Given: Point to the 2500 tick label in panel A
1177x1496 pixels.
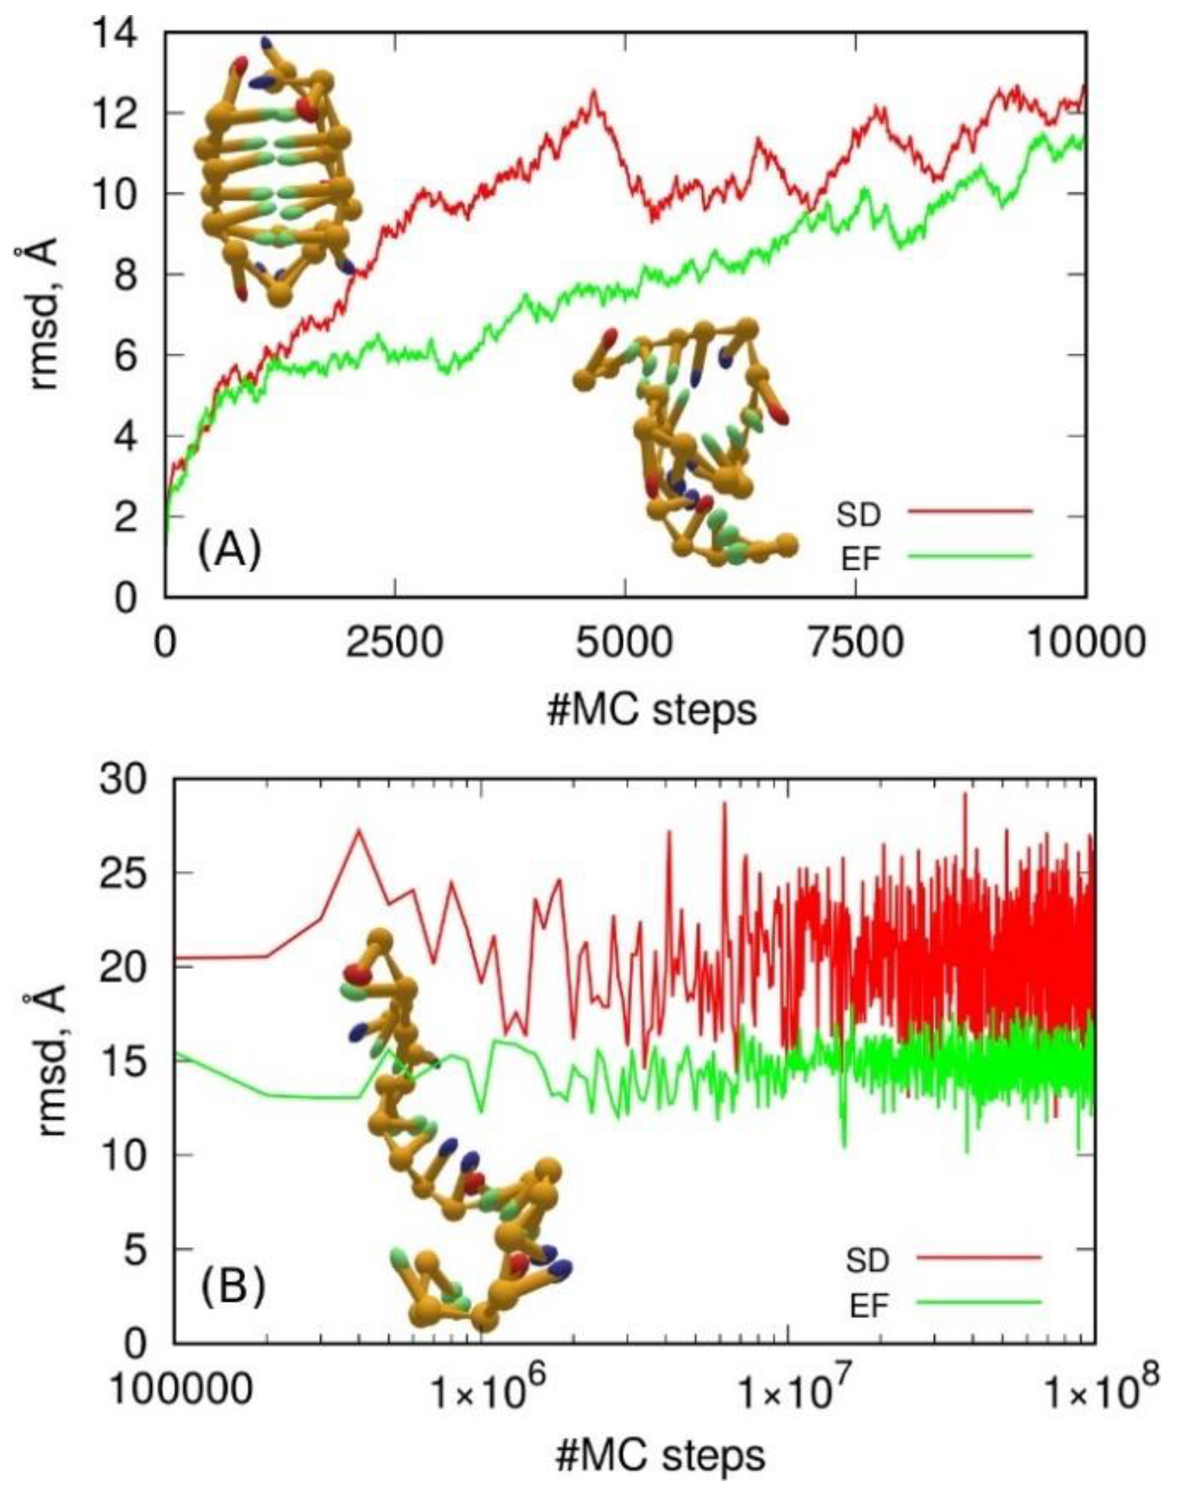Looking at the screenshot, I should point(395,644).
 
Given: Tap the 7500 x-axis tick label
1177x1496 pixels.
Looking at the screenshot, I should point(855,644).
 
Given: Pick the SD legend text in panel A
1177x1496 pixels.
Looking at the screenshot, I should point(858,515).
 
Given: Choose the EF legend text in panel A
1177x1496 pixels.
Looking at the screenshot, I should point(861,559).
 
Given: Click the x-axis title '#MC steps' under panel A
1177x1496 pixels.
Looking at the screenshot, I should point(651,710).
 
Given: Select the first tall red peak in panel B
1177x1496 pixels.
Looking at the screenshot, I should point(358,831).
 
